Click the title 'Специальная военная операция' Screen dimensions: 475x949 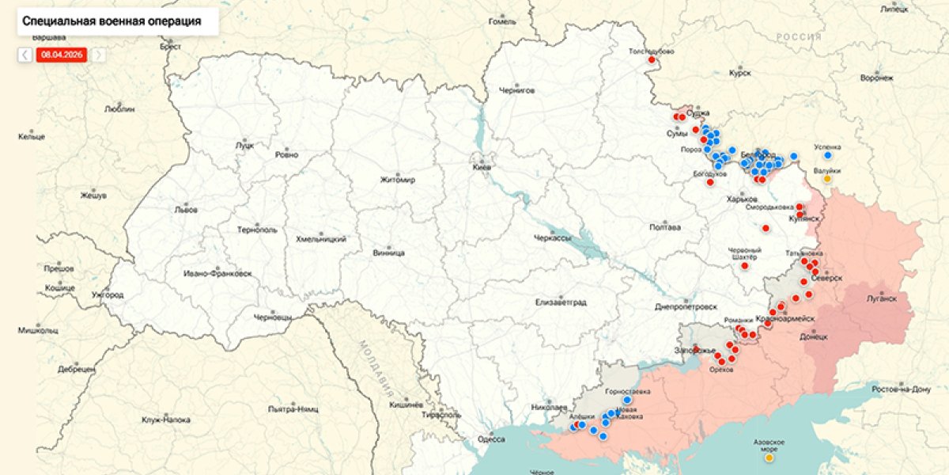[112, 21]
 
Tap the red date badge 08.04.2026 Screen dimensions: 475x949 [62, 55]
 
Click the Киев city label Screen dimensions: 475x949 [482, 168]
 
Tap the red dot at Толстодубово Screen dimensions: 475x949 [652, 60]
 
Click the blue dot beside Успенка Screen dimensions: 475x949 [827, 156]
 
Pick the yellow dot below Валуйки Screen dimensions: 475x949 [827, 179]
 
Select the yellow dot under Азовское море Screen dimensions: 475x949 [769, 457]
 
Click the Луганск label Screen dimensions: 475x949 [882, 298]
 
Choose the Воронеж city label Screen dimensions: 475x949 [876, 78]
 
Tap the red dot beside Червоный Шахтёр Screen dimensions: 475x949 [744, 266]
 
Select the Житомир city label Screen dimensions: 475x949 [397, 179]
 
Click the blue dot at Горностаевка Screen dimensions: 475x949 [627, 401]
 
